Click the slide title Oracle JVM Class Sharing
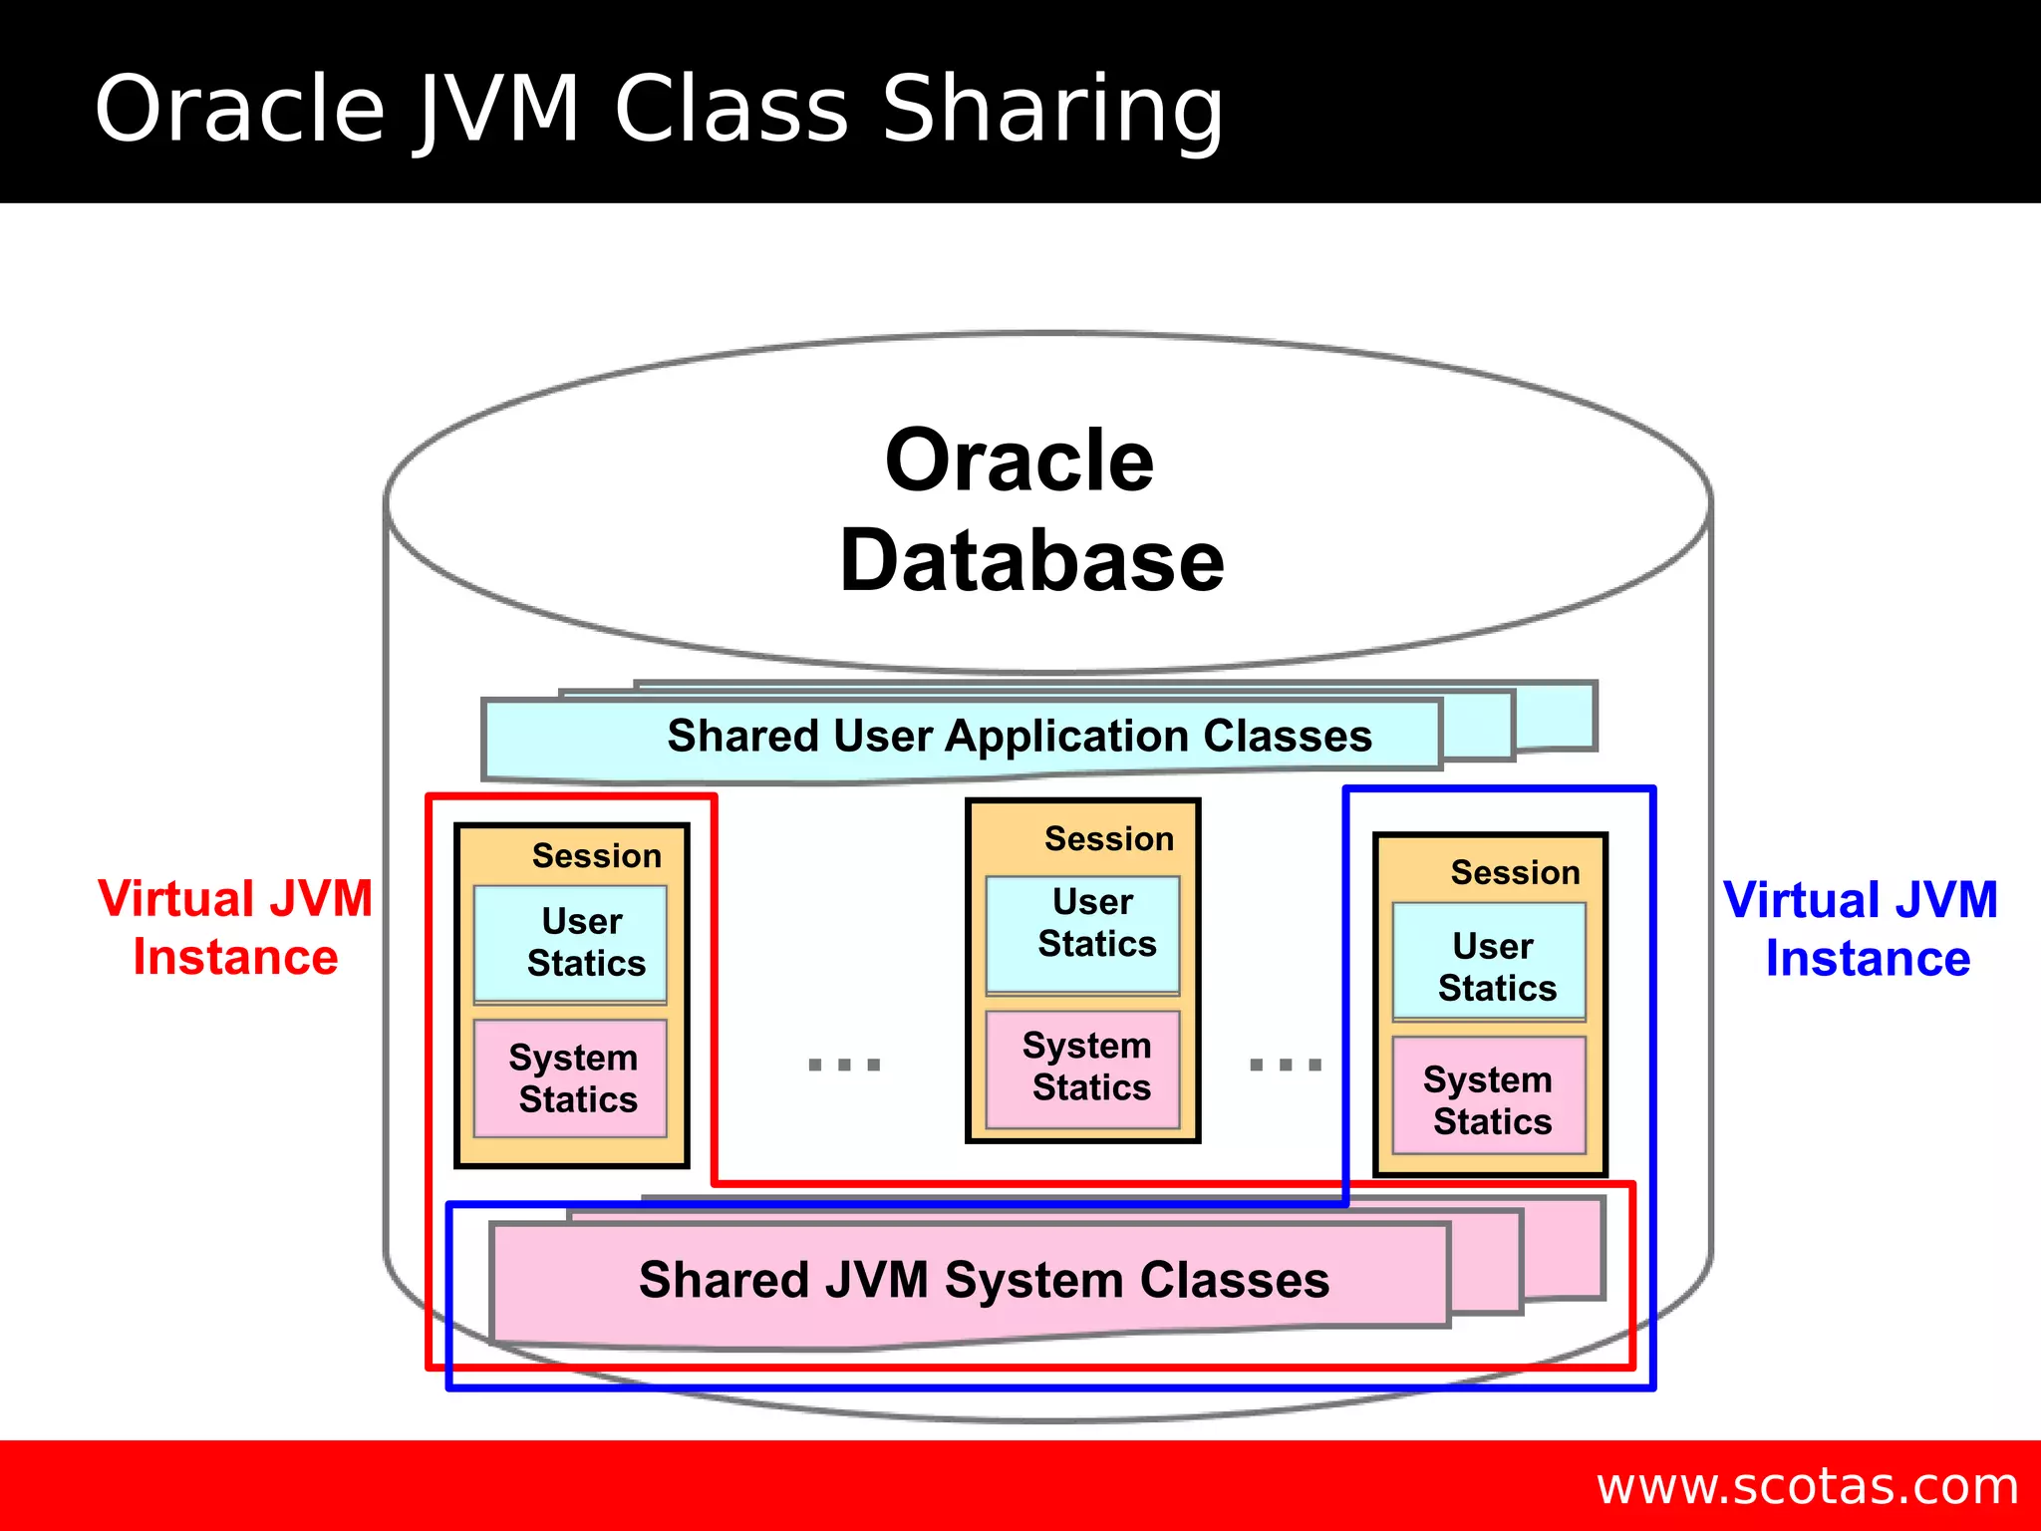point(658,110)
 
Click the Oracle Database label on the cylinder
point(1030,510)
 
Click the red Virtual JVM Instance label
point(235,927)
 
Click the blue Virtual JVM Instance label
point(1862,929)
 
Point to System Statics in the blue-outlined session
point(1490,1099)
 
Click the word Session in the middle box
point(1109,839)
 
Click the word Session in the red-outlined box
point(596,856)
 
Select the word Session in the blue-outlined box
point(1515,873)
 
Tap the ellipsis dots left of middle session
point(844,1065)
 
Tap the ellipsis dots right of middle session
point(1286,1065)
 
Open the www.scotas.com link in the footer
point(1807,1486)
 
